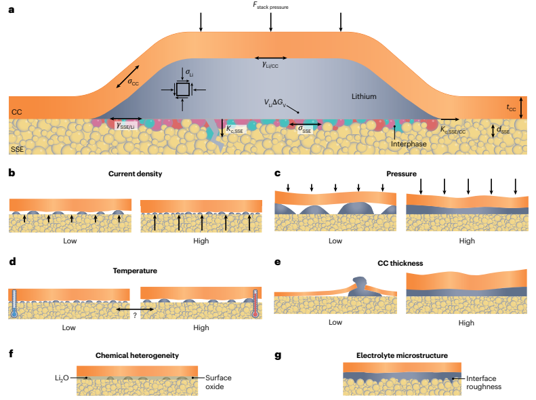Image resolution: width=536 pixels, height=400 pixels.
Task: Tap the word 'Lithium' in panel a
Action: click(x=365, y=97)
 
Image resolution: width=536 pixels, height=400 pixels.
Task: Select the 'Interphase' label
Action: click(x=411, y=144)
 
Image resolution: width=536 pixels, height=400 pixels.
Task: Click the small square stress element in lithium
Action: click(x=182, y=89)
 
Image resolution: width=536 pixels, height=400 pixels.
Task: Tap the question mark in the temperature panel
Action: click(x=136, y=314)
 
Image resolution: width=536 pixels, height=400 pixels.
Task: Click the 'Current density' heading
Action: click(x=135, y=174)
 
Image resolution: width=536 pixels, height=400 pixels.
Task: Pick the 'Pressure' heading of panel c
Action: click(x=402, y=174)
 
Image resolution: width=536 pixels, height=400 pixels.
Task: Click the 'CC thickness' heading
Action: click(x=402, y=262)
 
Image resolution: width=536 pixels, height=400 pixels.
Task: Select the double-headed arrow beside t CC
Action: click(x=520, y=107)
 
